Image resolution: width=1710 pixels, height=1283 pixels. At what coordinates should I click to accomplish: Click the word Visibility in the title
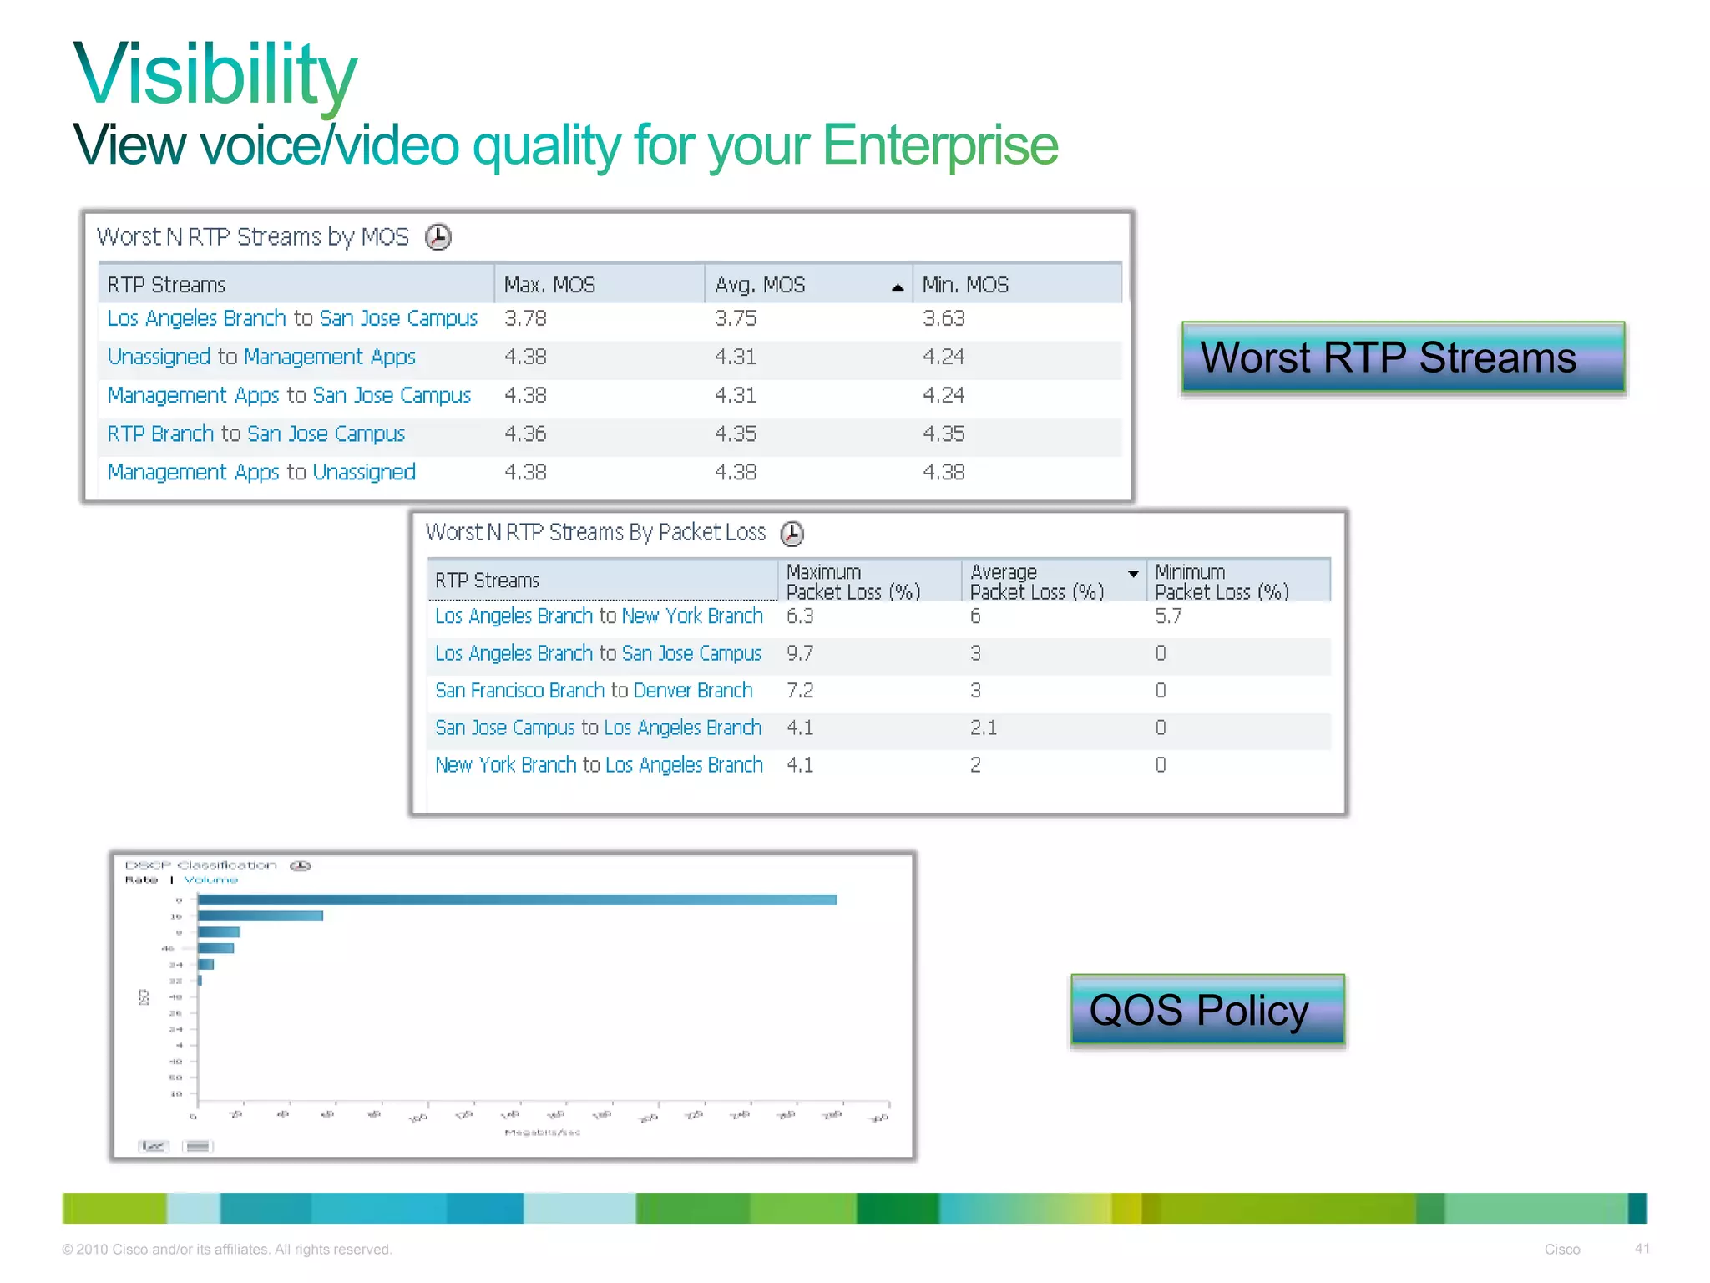pos(215,75)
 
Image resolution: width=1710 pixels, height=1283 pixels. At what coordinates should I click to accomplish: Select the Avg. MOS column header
pos(760,285)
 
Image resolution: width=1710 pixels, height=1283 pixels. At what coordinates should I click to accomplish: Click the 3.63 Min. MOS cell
pos(944,318)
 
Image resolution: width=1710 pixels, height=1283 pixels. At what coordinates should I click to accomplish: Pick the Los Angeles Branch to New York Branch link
pos(599,616)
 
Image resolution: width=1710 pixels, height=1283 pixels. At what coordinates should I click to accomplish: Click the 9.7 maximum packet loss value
pos(800,653)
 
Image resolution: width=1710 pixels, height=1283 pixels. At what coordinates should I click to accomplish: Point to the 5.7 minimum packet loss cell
pos(1168,616)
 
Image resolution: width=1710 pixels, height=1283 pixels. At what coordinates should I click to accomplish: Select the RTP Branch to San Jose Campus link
pos(255,434)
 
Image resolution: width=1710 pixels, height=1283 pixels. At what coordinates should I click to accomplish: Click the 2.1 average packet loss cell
pos(984,728)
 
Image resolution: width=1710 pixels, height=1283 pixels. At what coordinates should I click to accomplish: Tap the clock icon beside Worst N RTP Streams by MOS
pos(438,237)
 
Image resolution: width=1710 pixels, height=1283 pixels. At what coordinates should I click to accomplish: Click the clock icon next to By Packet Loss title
pos(792,533)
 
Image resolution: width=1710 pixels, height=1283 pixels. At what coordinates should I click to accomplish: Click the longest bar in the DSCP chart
pos(518,900)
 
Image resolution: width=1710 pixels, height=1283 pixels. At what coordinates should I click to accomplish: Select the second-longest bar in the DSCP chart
pos(261,916)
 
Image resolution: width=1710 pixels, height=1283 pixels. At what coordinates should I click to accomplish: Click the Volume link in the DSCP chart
pos(210,880)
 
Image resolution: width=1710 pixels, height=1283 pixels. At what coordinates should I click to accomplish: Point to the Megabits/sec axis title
pos(543,1133)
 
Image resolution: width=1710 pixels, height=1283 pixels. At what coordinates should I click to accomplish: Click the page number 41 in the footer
pos(1642,1249)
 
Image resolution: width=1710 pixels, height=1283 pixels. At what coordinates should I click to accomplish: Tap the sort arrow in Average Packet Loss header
pos(1133,574)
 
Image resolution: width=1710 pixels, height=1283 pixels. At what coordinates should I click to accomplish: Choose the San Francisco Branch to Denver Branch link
pos(594,691)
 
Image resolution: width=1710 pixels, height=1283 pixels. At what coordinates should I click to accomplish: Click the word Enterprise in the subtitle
pos(940,145)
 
